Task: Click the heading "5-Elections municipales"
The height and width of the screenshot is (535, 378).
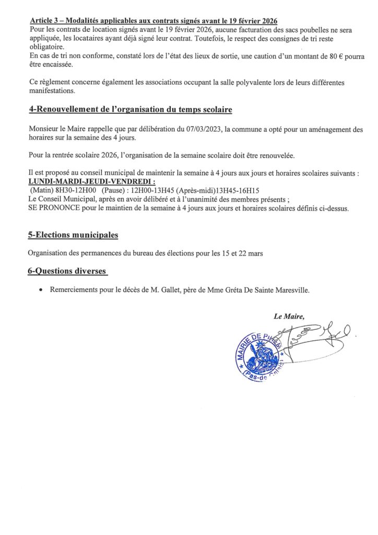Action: pos(73,236)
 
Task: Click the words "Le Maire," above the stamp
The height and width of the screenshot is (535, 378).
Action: pos(289,316)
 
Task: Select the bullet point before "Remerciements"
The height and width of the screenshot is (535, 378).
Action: pos(41,290)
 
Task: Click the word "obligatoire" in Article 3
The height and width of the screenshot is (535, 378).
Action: pos(46,47)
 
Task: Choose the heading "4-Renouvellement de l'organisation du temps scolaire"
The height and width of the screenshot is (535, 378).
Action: pos(130,110)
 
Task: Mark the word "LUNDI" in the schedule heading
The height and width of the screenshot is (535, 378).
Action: pos(41,181)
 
